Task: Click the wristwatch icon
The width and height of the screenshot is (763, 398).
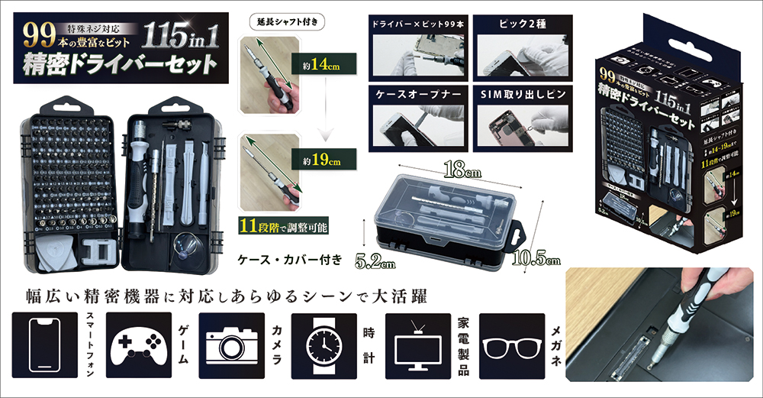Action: [x=324, y=346]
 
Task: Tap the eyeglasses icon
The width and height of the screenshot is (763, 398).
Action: [x=511, y=346]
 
